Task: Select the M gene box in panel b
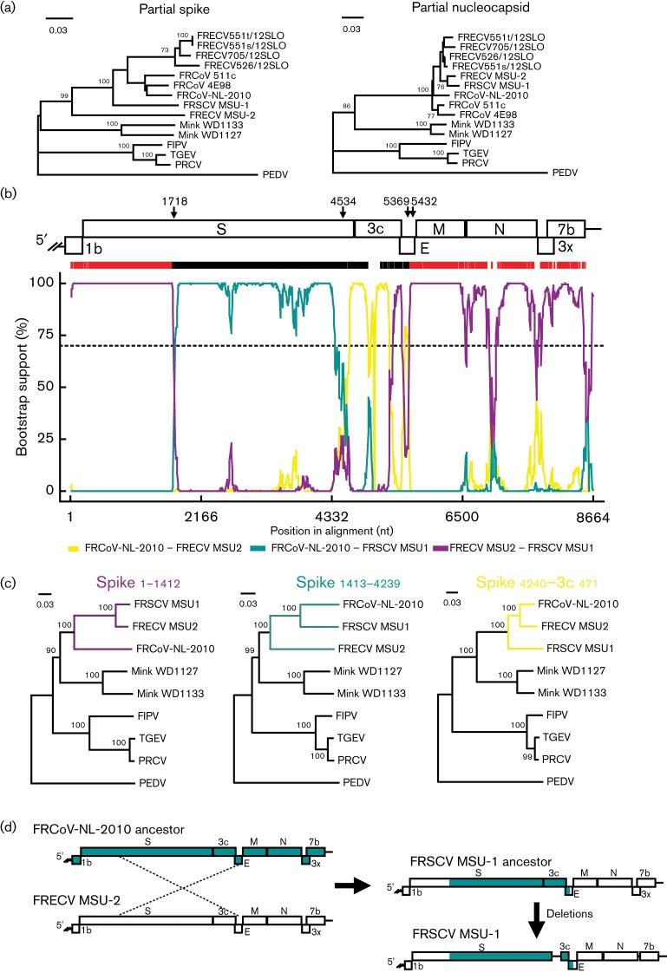point(440,230)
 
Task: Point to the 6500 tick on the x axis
point(461,515)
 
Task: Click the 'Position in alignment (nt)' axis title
point(330,530)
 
